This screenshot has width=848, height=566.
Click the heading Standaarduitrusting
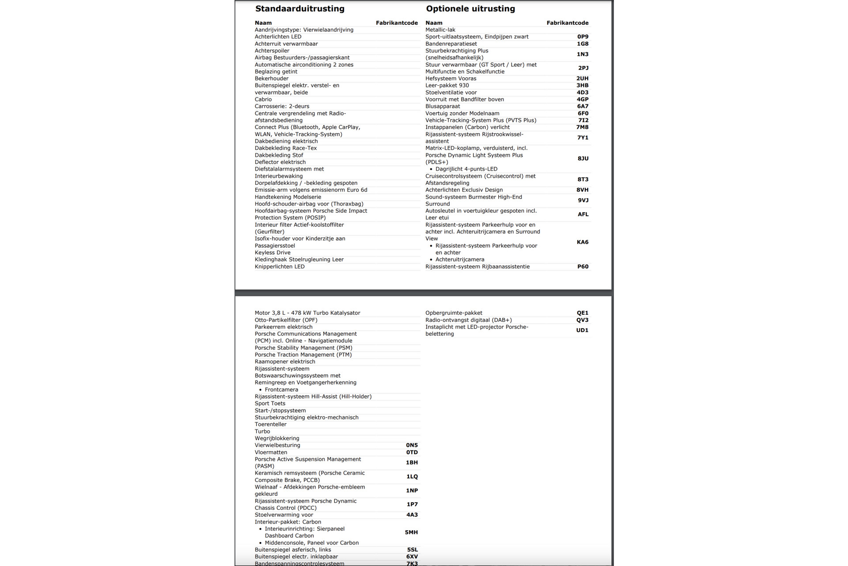tap(299, 9)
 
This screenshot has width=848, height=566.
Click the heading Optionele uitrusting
tap(470, 9)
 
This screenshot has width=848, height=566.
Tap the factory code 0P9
tap(583, 37)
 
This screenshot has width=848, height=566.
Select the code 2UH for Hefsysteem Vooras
tap(582, 79)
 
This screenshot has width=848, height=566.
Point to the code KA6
tap(582, 242)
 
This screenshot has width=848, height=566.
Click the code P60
tap(583, 267)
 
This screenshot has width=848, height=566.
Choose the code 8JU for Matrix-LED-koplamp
tap(583, 158)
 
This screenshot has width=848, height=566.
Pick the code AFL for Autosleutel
tap(583, 214)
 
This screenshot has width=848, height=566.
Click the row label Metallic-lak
tap(440, 30)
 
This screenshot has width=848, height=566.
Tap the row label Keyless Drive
tap(272, 253)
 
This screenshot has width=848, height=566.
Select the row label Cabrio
tap(263, 99)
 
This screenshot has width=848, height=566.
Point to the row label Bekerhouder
tap(271, 79)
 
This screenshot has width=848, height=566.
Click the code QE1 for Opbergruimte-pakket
tap(582, 313)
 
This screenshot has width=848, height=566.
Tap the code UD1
tap(582, 330)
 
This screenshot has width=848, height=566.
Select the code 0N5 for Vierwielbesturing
tap(412, 445)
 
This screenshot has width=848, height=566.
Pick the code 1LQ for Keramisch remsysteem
tap(412, 477)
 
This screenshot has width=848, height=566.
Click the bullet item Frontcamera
tap(281, 390)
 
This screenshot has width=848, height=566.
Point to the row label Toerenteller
tap(270, 424)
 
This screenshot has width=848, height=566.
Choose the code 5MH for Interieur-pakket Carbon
tap(411, 532)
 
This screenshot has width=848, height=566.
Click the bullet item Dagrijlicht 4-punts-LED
tap(466, 169)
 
